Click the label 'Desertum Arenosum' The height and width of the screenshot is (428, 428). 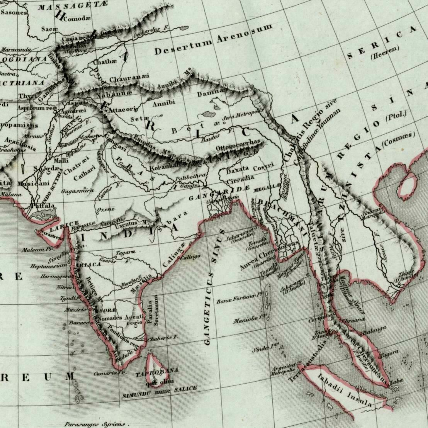click(213, 40)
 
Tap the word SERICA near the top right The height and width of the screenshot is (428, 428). click(382, 43)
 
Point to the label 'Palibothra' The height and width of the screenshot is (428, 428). click(190, 176)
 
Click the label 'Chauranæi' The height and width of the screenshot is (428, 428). click(129, 78)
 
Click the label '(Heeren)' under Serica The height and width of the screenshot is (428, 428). click(385, 54)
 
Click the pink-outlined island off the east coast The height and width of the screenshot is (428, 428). click(408, 186)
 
